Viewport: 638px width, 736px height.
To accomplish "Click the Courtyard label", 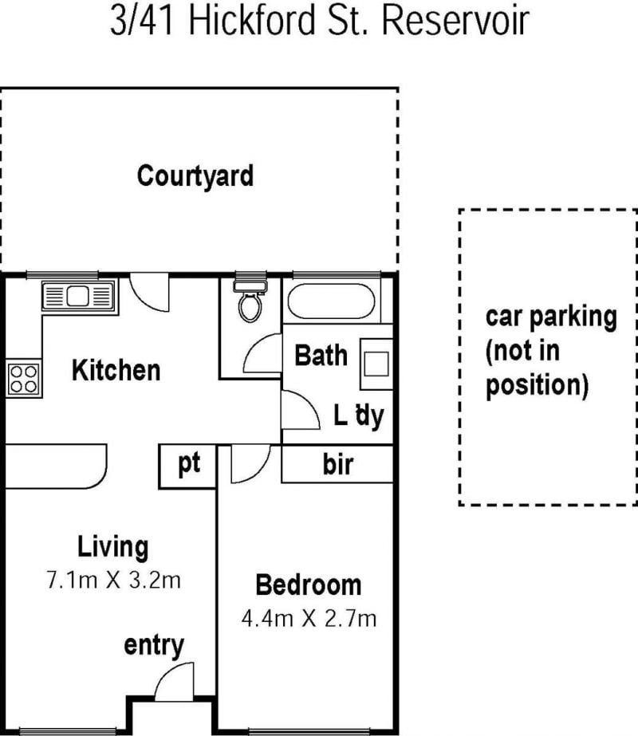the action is click(195, 176).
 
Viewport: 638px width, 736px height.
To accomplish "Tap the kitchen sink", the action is click(78, 296).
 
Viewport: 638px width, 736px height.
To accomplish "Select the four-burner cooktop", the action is click(23, 379).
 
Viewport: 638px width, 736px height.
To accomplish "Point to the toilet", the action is click(250, 301).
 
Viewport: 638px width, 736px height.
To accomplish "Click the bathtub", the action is click(332, 301).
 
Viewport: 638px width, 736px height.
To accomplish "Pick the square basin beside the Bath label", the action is click(376, 364).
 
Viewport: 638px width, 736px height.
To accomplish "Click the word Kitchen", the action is click(116, 370).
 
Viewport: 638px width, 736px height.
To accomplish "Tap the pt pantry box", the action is click(187, 466).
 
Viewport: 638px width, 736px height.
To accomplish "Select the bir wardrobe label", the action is click(337, 464).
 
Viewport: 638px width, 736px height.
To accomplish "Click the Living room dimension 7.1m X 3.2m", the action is click(113, 581).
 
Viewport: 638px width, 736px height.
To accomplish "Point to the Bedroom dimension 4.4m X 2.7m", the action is click(309, 619).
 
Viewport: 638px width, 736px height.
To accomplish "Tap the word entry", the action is click(154, 647).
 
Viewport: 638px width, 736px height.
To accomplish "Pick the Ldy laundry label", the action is click(359, 416).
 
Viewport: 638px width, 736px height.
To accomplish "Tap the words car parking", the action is click(551, 317).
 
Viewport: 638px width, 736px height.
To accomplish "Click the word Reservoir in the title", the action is click(455, 20).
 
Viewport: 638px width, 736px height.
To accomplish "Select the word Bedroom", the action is click(309, 584).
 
